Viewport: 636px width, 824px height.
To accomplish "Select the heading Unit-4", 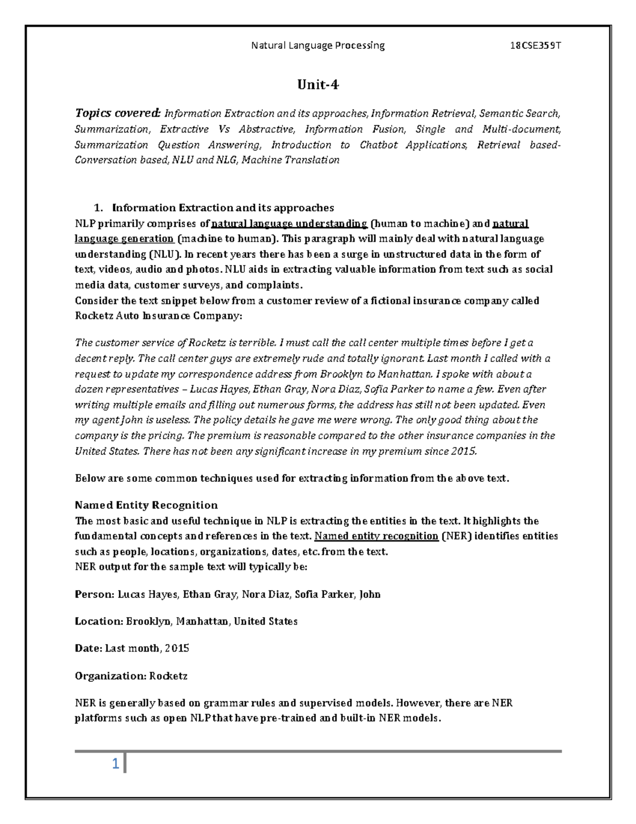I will tap(318, 85).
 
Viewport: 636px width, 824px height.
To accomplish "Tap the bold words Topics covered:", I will tap(117, 113).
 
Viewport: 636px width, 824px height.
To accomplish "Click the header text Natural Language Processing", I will tap(318, 46).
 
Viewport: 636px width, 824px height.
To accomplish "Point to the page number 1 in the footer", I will tap(114, 765).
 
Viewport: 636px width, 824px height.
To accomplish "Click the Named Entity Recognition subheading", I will tap(146, 505).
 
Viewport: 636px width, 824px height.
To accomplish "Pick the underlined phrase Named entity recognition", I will tap(376, 536).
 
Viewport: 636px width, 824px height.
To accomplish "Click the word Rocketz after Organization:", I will tap(169, 676).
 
